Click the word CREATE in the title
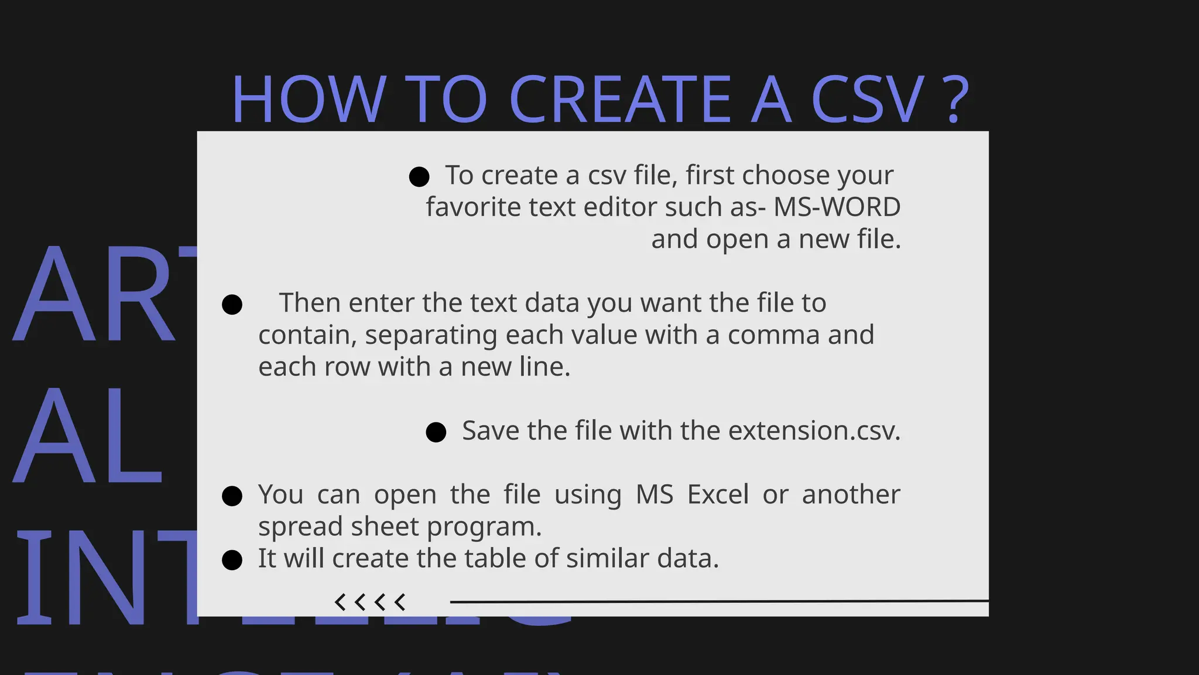(x=620, y=99)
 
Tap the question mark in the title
(x=955, y=99)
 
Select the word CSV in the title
(x=867, y=99)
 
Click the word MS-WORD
(x=837, y=207)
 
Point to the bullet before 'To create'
(x=419, y=176)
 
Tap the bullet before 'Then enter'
(x=232, y=305)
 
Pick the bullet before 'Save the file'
(x=436, y=432)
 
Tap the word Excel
(x=718, y=495)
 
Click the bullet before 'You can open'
(x=232, y=496)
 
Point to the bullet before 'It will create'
(x=232, y=560)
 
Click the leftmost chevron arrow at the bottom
(x=340, y=602)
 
